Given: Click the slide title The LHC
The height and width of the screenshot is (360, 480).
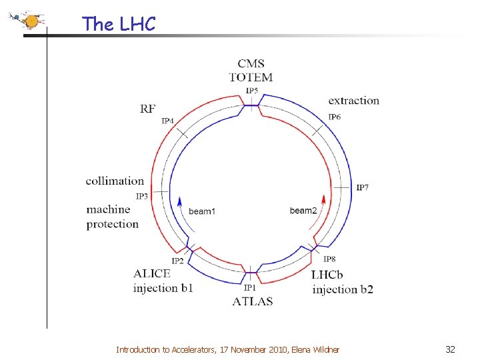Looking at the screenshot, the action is (x=119, y=25).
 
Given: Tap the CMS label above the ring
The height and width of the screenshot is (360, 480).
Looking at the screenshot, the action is (x=251, y=64).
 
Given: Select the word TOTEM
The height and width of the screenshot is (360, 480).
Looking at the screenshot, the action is (x=251, y=77).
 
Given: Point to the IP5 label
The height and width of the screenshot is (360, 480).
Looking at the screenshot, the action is (x=251, y=91).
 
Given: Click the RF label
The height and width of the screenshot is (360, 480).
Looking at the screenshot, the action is (x=148, y=109).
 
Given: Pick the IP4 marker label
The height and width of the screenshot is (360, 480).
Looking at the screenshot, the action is (x=167, y=121).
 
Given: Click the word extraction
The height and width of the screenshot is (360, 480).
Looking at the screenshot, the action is (x=353, y=101).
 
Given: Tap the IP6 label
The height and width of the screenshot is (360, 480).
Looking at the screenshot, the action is (x=335, y=117).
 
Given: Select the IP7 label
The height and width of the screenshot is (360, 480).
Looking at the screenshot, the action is (x=362, y=188).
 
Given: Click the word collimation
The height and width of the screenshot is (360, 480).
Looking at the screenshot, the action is (x=115, y=181).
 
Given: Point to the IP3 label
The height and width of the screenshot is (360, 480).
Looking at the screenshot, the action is (x=142, y=197).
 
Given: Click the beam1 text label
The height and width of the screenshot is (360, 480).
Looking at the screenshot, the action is (x=202, y=211).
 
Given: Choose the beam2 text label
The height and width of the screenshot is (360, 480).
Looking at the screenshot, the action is (x=303, y=211).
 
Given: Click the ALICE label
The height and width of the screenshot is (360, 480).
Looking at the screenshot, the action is (x=151, y=274).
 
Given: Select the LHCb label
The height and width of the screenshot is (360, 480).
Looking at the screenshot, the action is (x=327, y=275).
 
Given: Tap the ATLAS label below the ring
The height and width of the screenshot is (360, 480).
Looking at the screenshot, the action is (x=253, y=301).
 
